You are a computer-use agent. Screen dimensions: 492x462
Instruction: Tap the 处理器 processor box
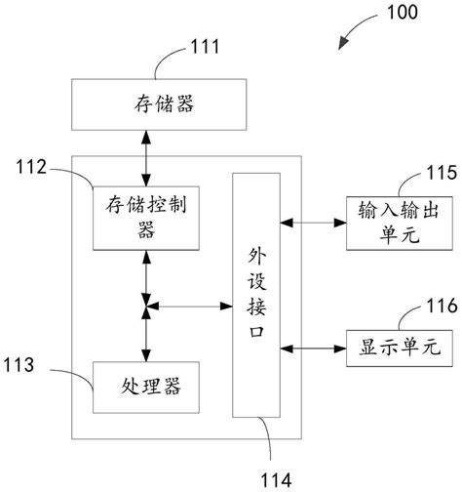tap(146, 388)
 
